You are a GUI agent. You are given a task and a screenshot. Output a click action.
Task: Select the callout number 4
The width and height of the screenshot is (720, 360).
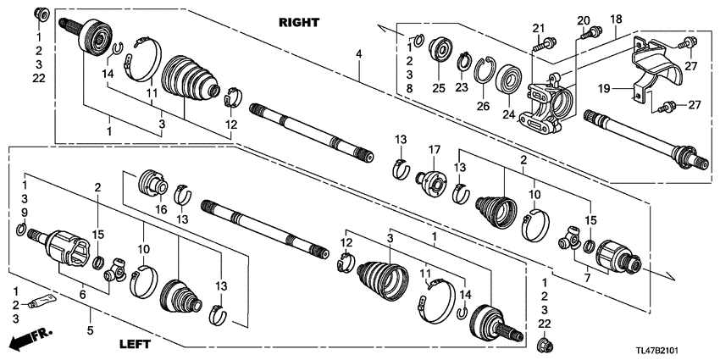coord(359,55)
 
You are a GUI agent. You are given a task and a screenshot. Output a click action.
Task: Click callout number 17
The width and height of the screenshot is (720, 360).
coord(435,150)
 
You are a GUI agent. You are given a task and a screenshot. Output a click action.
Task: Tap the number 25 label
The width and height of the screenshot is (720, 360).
coord(438,88)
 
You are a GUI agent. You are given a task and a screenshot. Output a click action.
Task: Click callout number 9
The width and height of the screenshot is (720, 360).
coord(25,211)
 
